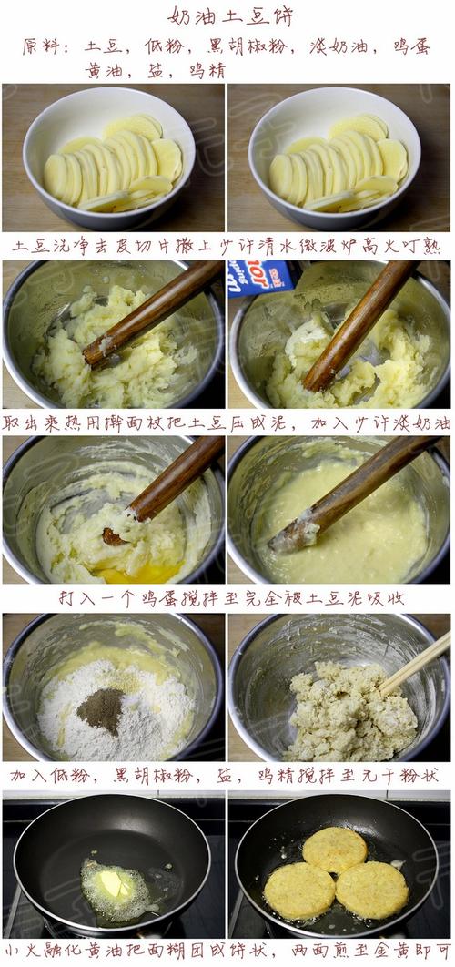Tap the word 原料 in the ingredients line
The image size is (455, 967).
tap(42, 46)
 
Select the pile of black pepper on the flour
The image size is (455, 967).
tap(100, 710)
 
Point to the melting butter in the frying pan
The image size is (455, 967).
tap(112, 883)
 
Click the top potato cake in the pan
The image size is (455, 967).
tap(334, 849)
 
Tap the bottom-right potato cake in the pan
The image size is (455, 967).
tap(371, 889)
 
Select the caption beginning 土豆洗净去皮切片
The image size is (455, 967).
tap(227, 247)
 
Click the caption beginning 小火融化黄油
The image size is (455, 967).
tap(227, 952)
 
